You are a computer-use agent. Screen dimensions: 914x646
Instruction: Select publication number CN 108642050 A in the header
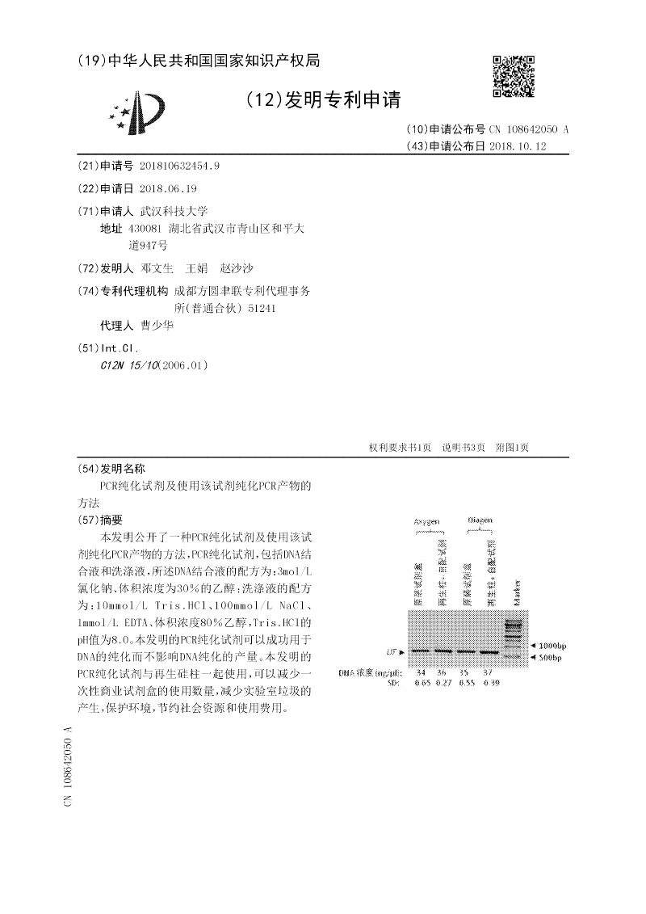[x=529, y=129]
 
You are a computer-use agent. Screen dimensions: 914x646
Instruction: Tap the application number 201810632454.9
[x=179, y=166]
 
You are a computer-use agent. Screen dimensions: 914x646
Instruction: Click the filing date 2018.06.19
[x=168, y=187]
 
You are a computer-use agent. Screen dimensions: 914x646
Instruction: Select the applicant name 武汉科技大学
[x=174, y=210]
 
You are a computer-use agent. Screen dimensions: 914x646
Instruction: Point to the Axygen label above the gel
[x=427, y=522]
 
